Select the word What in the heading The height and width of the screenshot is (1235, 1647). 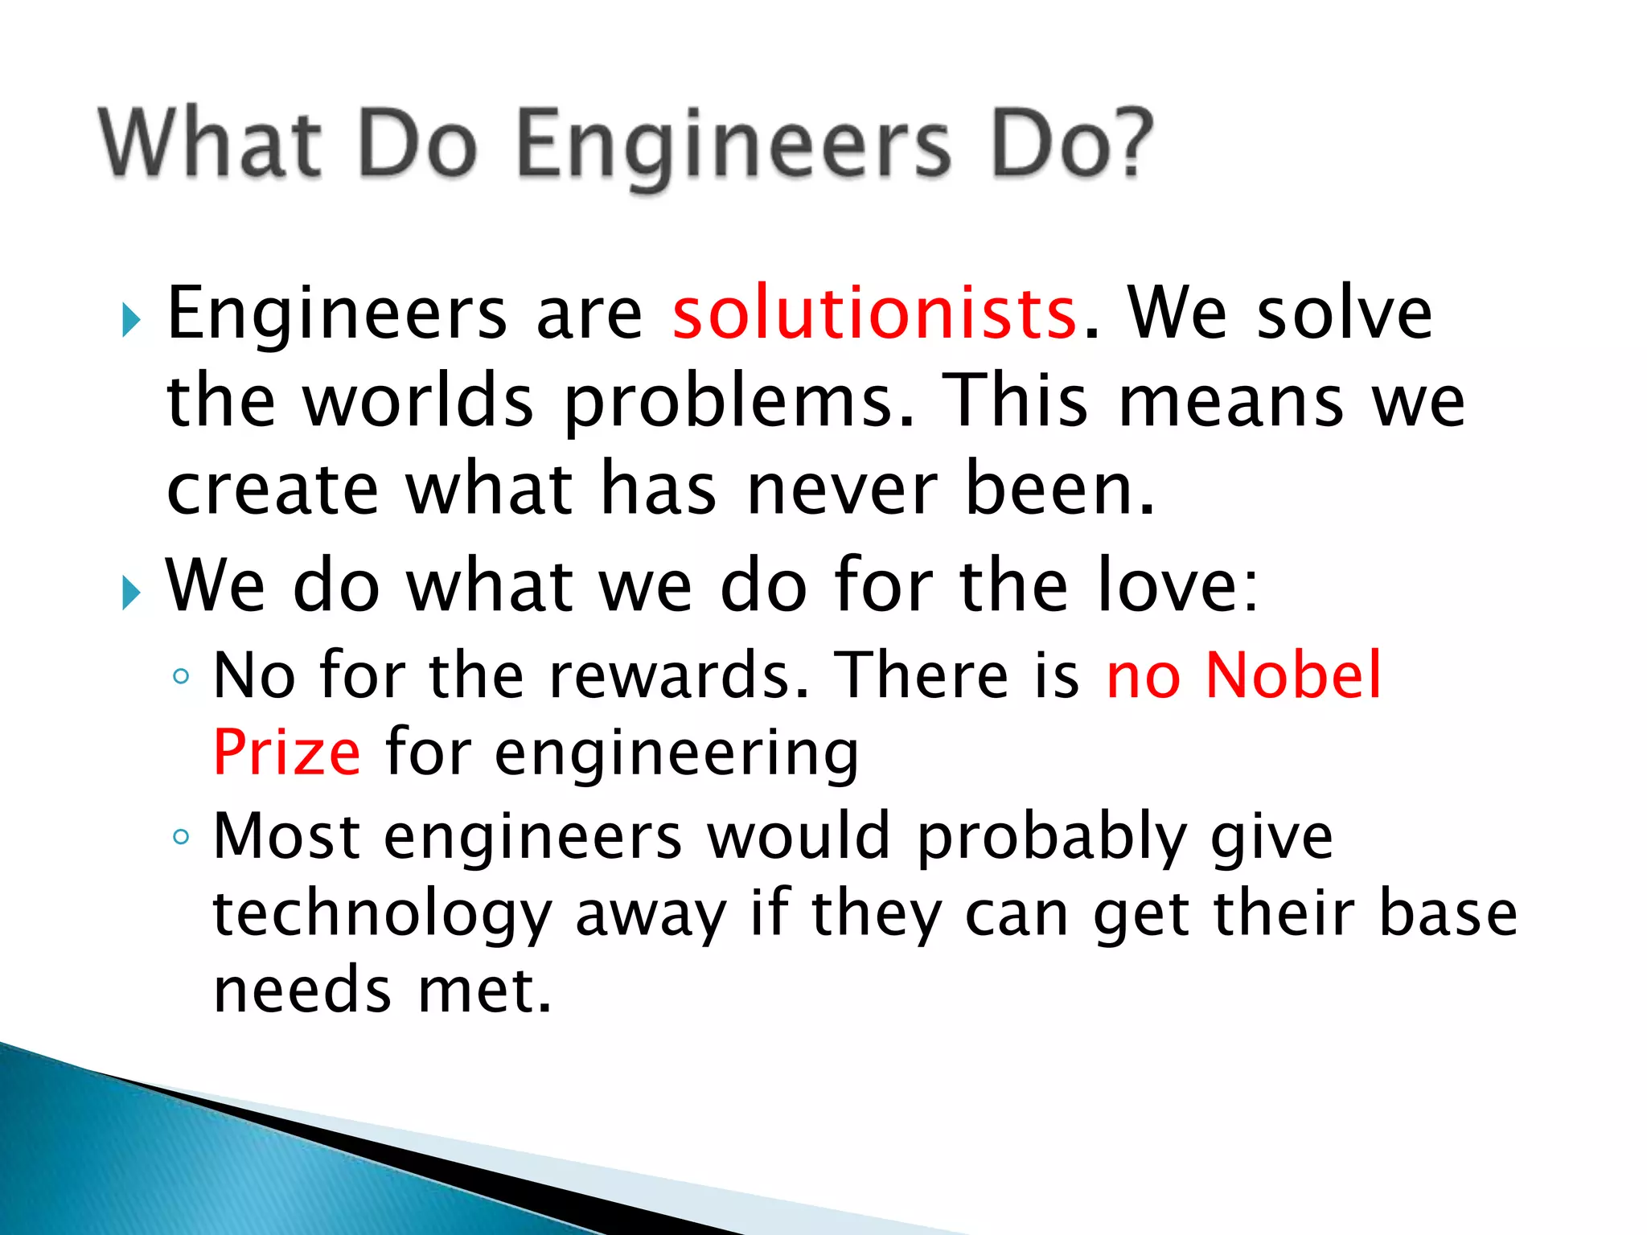click(x=211, y=143)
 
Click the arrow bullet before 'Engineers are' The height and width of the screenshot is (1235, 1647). click(x=131, y=321)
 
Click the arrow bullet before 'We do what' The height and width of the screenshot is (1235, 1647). click(x=131, y=593)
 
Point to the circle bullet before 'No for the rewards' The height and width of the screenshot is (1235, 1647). click(x=181, y=677)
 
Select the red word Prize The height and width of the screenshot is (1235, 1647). click(x=287, y=753)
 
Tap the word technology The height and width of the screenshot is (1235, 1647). click(x=382, y=915)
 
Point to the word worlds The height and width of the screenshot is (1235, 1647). click(x=418, y=402)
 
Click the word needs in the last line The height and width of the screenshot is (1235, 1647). click(x=302, y=991)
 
